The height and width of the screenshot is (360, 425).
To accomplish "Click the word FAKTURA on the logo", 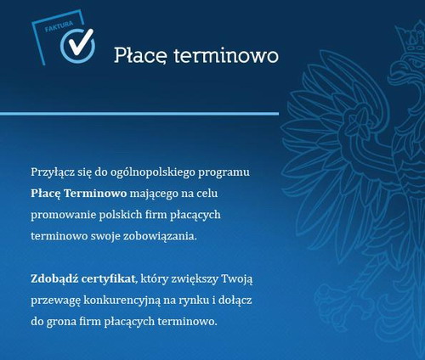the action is tap(59, 26).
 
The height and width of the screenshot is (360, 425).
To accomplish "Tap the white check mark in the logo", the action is tap(81, 42).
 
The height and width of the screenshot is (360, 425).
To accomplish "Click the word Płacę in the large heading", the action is tap(141, 55).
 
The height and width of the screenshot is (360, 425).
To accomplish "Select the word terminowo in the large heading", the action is tap(226, 55).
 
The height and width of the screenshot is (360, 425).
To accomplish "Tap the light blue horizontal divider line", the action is tap(139, 114).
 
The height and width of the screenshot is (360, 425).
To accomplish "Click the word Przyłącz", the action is tap(53, 172).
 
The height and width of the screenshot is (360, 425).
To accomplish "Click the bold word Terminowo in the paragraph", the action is tap(95, 194).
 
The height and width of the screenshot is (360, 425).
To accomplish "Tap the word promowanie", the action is tap(63, 215).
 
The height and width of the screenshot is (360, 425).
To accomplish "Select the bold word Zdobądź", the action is tap(54, 279).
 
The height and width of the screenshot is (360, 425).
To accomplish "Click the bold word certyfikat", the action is tap(108, 279).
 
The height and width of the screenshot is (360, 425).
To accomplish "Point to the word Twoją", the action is tap(236, 279).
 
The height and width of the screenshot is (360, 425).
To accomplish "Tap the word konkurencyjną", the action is tap(122, 301).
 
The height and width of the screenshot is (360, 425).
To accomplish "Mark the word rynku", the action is tap(194, 301).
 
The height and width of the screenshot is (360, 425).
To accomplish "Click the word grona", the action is tap(61, 322).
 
